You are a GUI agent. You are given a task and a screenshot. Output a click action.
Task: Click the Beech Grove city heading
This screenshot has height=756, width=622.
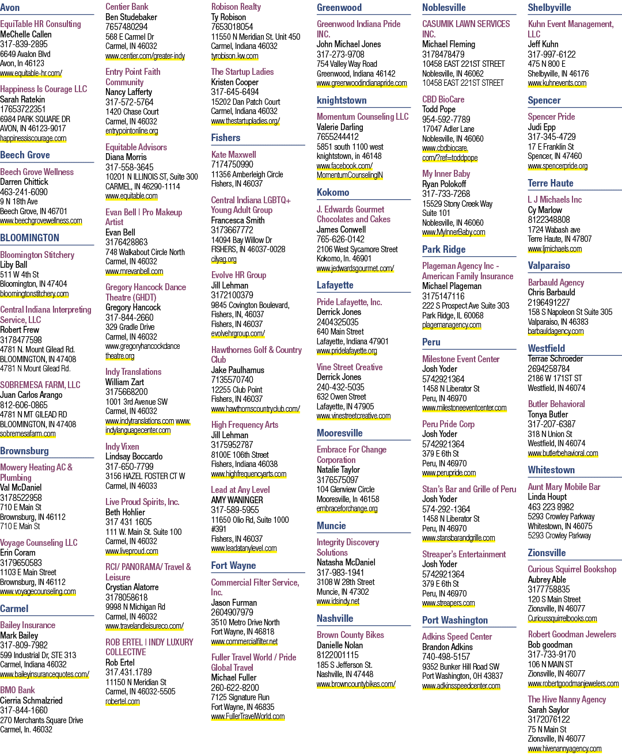pos(25,155)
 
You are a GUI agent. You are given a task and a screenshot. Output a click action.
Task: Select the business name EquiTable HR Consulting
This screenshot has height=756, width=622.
pos(40,24)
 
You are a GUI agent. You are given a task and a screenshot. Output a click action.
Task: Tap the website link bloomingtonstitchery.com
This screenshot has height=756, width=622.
pos(35,294)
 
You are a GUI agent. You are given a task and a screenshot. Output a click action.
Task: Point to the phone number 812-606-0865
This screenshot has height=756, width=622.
pos(24,405)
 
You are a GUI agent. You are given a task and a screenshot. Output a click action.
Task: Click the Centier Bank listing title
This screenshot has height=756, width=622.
pos(127,6)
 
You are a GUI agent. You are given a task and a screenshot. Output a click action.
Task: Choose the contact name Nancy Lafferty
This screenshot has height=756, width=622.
pos(128,92)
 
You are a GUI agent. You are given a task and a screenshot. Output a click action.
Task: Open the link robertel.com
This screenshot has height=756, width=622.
pos(122,701)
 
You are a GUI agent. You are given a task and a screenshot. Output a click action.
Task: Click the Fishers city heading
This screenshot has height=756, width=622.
pos(226,138)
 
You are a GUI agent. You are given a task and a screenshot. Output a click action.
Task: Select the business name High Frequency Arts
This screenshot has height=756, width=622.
pos(245,425)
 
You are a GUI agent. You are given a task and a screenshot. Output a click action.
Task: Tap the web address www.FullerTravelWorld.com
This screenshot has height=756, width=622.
pos(248,716)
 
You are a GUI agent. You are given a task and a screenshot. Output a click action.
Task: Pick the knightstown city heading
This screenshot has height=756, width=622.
pos(342,100)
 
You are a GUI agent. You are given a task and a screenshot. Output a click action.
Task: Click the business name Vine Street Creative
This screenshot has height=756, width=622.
pos(350,367)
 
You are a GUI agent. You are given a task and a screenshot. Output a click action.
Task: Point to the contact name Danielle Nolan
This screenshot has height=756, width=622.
pos(339,645)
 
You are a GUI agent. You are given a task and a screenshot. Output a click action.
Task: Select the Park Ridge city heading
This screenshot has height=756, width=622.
pos(443,249)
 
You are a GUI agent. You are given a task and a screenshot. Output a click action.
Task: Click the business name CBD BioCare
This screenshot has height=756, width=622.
pos(443,99)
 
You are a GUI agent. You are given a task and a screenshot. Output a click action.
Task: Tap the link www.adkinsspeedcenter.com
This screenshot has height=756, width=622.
pos(461,686)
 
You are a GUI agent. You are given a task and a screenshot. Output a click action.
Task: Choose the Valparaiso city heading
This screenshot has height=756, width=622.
pos(548,265)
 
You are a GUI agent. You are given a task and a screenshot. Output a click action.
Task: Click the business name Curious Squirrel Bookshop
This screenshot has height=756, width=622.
pos(572,569)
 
